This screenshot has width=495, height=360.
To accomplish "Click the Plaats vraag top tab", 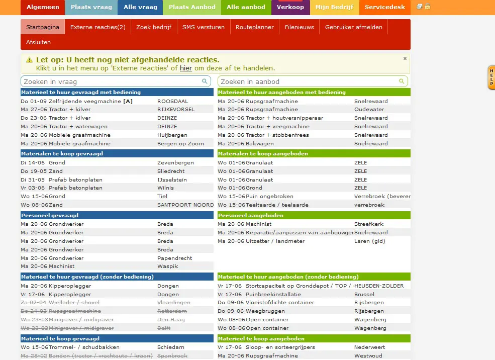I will [91, 7].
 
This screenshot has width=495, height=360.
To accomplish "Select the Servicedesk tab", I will [385, 7].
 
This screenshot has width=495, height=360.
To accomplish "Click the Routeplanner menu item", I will [254, 27].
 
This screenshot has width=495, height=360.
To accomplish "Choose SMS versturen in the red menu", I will [204, 27].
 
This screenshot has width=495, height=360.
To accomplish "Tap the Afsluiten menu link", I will [38, 42].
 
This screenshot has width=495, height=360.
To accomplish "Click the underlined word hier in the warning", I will [186, 68].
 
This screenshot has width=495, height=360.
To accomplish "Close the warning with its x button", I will [405, 58].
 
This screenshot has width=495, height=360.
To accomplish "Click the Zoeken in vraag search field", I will [111, 81].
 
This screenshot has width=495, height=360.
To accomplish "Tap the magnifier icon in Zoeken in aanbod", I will [402, 81].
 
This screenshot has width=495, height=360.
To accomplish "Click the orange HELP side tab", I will [491, 77].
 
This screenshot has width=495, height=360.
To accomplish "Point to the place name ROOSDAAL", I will [172, 101].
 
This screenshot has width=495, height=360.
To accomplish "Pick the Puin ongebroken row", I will [269, 196].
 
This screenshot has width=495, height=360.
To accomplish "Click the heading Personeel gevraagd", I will [46, 215].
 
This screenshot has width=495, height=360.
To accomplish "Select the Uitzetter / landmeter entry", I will [275, 241].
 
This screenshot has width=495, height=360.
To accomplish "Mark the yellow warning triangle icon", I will [29, 60].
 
